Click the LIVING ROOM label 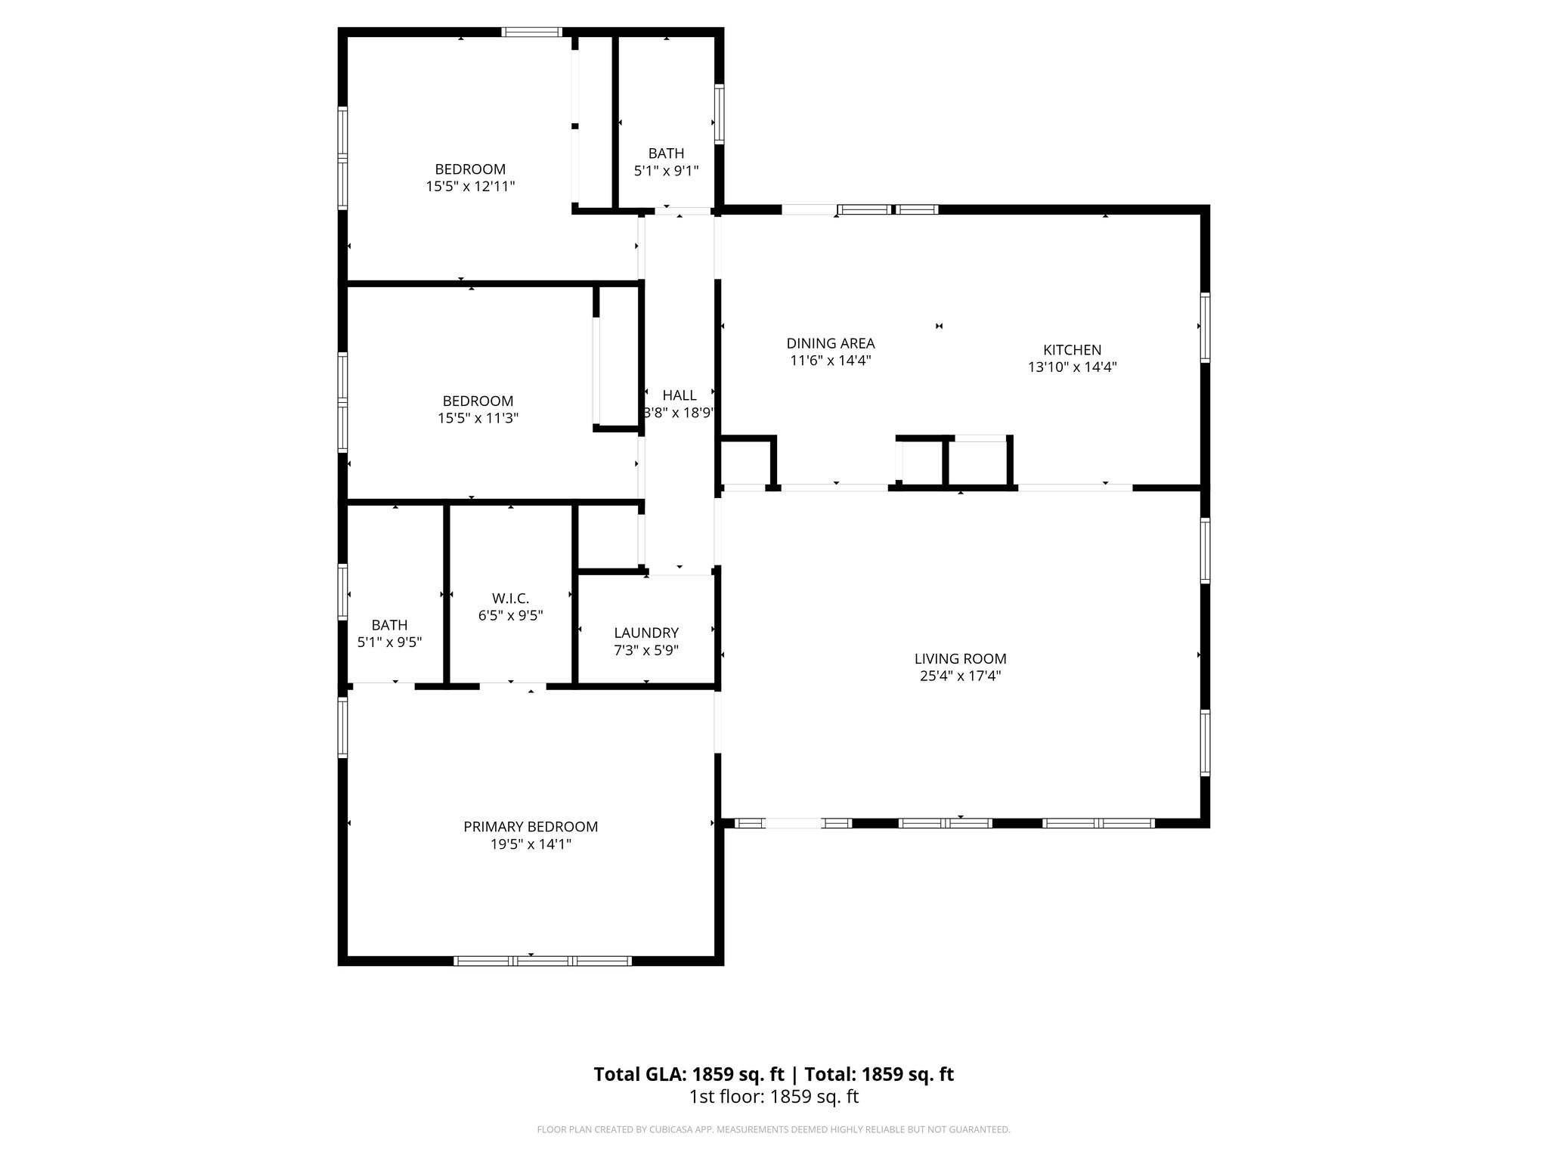(x=960, y=658)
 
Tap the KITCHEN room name (x=1072, y=350)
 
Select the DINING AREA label (x=831, y=343)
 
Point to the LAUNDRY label (x=646, y=633)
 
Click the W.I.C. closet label (x=510, y=599)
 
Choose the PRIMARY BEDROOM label (x=531, y=827)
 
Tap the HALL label (x=679, y=395)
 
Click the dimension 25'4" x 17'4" (x=960, y=676)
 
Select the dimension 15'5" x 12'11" (x=470, y=186)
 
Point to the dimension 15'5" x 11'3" (x=478, y=418)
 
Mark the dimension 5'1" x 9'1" (x=665, y=171)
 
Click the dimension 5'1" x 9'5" (x=389, y=642)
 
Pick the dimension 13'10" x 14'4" (x=1072, y=367)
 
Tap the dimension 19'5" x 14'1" (x=531, y=844)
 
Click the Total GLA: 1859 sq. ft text (x=690, y=1074)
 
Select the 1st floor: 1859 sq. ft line (x=773, y=1097)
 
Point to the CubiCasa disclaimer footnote (x=773, y=1129)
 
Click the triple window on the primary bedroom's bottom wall (x=542, y=961)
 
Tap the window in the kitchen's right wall (x=1205, y=327)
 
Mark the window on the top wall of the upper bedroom (x=532, y=33)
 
